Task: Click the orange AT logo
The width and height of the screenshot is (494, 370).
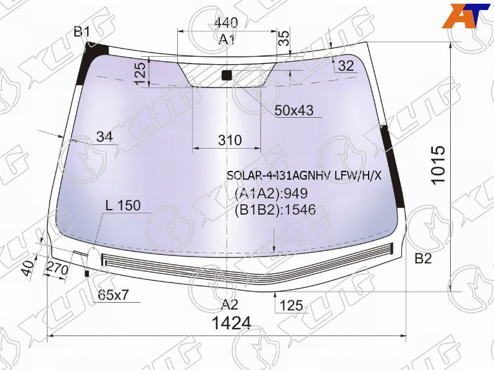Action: click(x=467, y=16)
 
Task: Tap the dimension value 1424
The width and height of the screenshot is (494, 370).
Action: click(x=232, y=323)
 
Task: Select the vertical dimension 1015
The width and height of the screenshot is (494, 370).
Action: click(x=438, y=165)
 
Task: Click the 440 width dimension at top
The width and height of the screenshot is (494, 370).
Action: click(x=226, y=22)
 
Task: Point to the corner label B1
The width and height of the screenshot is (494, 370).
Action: click(x=82, y=32)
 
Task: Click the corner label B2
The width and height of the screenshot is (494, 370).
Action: click(x=423, y=258)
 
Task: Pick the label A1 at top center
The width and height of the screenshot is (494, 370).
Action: click(x=227, y=40)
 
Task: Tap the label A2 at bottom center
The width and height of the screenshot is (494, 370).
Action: click(x=230, y=304)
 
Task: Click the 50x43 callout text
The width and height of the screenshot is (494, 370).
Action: click(x=294, y=110)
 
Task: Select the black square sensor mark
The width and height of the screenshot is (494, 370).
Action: click(x=227, y=75)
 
